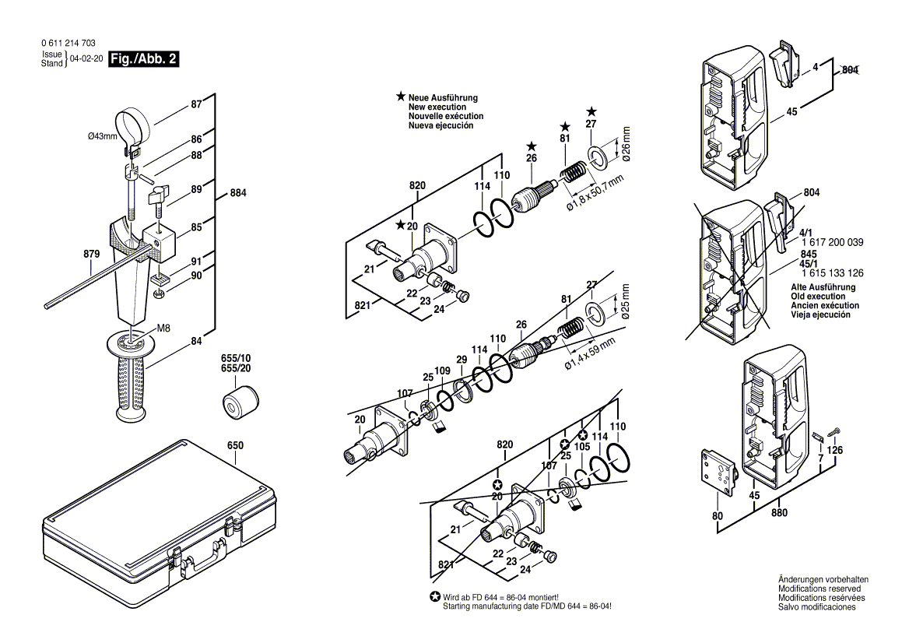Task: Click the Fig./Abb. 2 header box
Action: pos(144,59)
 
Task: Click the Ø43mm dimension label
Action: pos(102,136)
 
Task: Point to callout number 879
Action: pos(91,255)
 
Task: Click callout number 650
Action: pos(235,446)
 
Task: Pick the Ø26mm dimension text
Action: pos(625,144)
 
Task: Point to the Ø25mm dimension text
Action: pos(625,303)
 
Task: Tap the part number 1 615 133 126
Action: pos(832,272)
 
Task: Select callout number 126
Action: pos(834,450)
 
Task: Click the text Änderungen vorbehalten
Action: pos(823,580)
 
